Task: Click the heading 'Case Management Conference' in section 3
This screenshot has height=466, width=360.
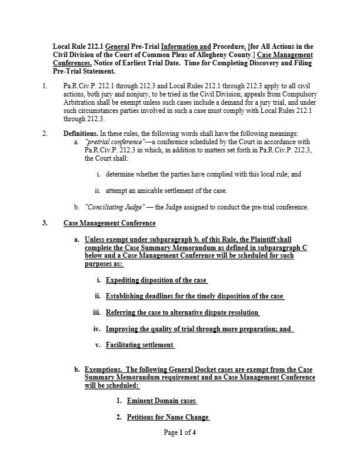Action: click(109, 224)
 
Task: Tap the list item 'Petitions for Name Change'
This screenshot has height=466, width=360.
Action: click(168, 417)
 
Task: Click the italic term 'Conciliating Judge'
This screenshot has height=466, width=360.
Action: click(115, 207)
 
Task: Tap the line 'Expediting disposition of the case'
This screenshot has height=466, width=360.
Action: click(156, 280)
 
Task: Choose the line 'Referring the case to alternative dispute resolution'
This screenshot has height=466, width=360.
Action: click(182, 312)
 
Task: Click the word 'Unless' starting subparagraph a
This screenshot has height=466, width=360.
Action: click(96, 240)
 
